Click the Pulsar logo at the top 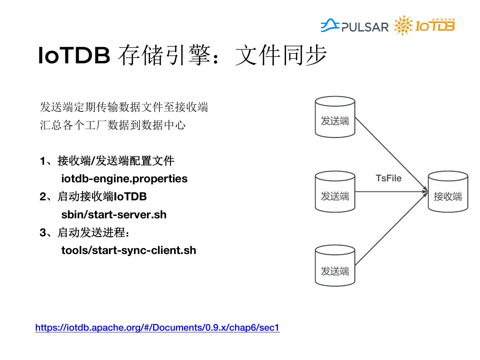click(355, 26)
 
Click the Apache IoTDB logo click(425, 25)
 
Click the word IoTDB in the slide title click(74, 55)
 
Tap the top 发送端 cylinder click(335, 117)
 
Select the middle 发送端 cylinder click(335, 192)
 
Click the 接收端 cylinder click(448, 192)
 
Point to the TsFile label click(389, 178)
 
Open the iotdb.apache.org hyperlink click(157, 328)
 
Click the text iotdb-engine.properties click(124, 179)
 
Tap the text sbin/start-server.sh click(114, 215)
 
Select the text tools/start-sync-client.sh click(129, 250)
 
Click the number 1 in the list click(43, 161)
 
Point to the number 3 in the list click(43, 233)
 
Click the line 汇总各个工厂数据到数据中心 click(113, 125)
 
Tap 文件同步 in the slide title click(281, 55)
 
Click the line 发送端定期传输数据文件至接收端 click(124, 107)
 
